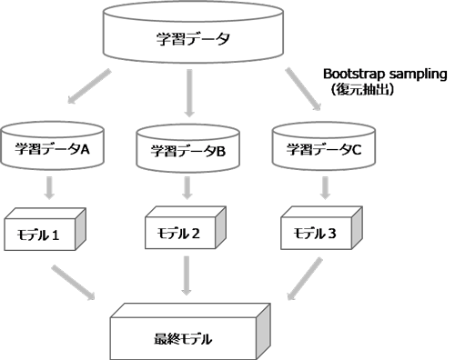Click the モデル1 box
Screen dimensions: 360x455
[44, 233]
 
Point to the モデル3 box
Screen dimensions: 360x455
[316, 232]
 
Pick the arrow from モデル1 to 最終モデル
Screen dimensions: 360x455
[75, 281]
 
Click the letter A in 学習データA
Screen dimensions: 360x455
[84, 151]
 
